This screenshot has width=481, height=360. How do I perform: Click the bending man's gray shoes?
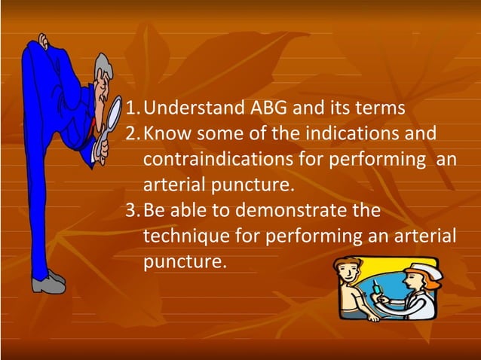47,282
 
